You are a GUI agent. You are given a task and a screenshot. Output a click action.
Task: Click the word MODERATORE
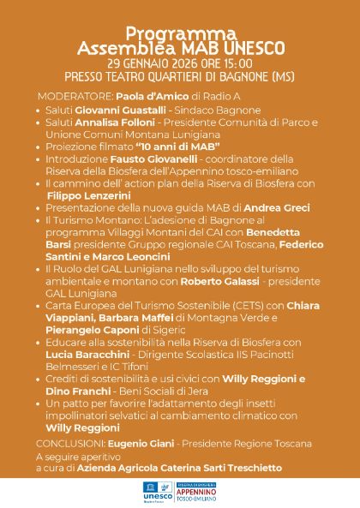tap(69, 96)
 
